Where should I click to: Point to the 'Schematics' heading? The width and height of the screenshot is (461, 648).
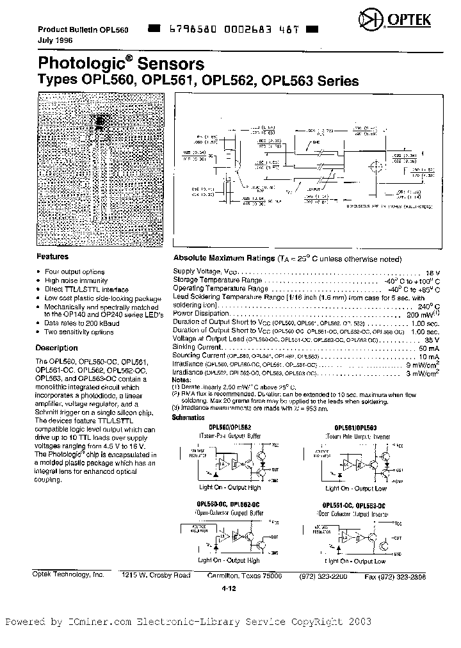(x=190, y=417)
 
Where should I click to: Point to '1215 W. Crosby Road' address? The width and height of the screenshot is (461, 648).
(x=156, y=575)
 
